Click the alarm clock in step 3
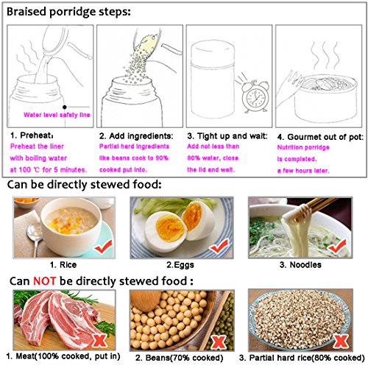255,96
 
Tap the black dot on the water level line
65,107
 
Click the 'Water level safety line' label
57,115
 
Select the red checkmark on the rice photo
104,247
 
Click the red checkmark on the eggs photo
219,247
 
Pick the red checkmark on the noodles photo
338,246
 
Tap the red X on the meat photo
100,340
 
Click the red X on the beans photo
219,342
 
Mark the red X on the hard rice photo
341,341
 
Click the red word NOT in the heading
44,281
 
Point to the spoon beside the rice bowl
35,238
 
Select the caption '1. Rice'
63,265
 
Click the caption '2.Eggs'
180,265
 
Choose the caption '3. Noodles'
300,265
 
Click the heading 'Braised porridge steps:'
68,12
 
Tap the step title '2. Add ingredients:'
136,136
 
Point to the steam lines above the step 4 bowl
325,55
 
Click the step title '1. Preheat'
32,135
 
